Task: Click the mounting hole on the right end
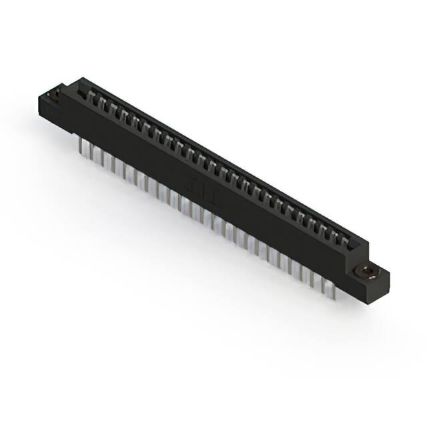pos(366,271)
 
